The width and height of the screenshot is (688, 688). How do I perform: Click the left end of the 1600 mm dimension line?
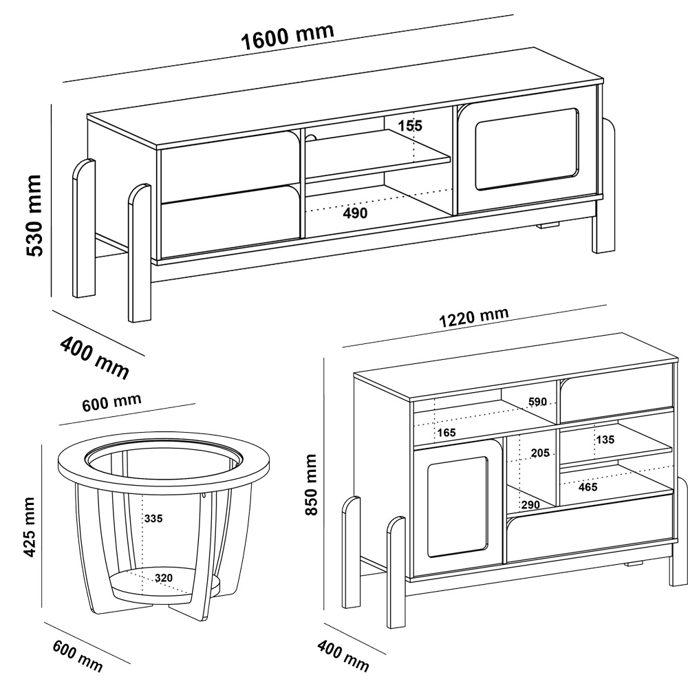pos(63,82)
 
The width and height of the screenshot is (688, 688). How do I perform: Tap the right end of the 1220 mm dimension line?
pos(606,305)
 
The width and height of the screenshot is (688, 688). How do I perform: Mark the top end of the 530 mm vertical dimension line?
pos(52,104)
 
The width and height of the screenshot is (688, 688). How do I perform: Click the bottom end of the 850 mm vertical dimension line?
pos(324,610)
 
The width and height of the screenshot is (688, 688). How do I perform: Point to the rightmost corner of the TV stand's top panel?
pos(603,80)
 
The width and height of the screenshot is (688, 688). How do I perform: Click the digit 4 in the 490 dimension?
pos(347,213)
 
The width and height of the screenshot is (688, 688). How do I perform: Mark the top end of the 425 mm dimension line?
pos(42,444)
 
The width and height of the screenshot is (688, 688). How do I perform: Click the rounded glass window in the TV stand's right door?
pos(526,149)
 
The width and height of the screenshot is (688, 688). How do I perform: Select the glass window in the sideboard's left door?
pos(458,507)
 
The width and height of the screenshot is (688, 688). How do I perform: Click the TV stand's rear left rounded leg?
pos(84,228)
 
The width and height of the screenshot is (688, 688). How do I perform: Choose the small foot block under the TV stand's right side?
pos(548,226)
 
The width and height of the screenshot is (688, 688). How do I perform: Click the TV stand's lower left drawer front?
pos(230,221)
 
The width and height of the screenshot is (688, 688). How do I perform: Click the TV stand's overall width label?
pos(288,36)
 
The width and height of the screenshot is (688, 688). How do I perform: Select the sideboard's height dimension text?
pos(311,485)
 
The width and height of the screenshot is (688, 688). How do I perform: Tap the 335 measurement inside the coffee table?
pos(153,518)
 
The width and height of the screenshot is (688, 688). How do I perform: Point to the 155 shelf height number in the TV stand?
pos(410,126)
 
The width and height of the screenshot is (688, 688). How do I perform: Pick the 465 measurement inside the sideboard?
pos(588,486)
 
